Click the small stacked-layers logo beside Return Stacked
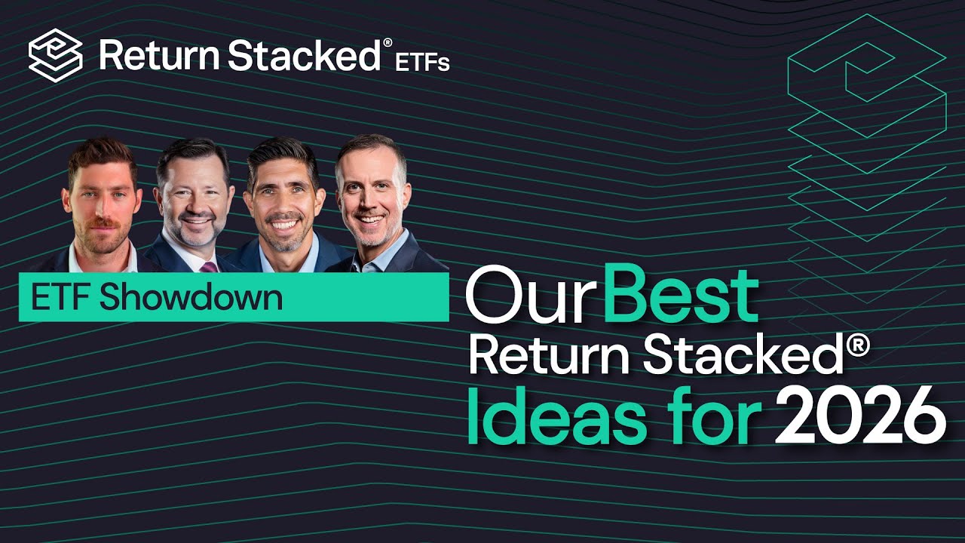[55, 54]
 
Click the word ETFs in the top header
[423, 62]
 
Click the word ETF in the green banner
[61, 297]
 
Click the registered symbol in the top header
[388, 43]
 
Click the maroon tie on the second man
[209, 266]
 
